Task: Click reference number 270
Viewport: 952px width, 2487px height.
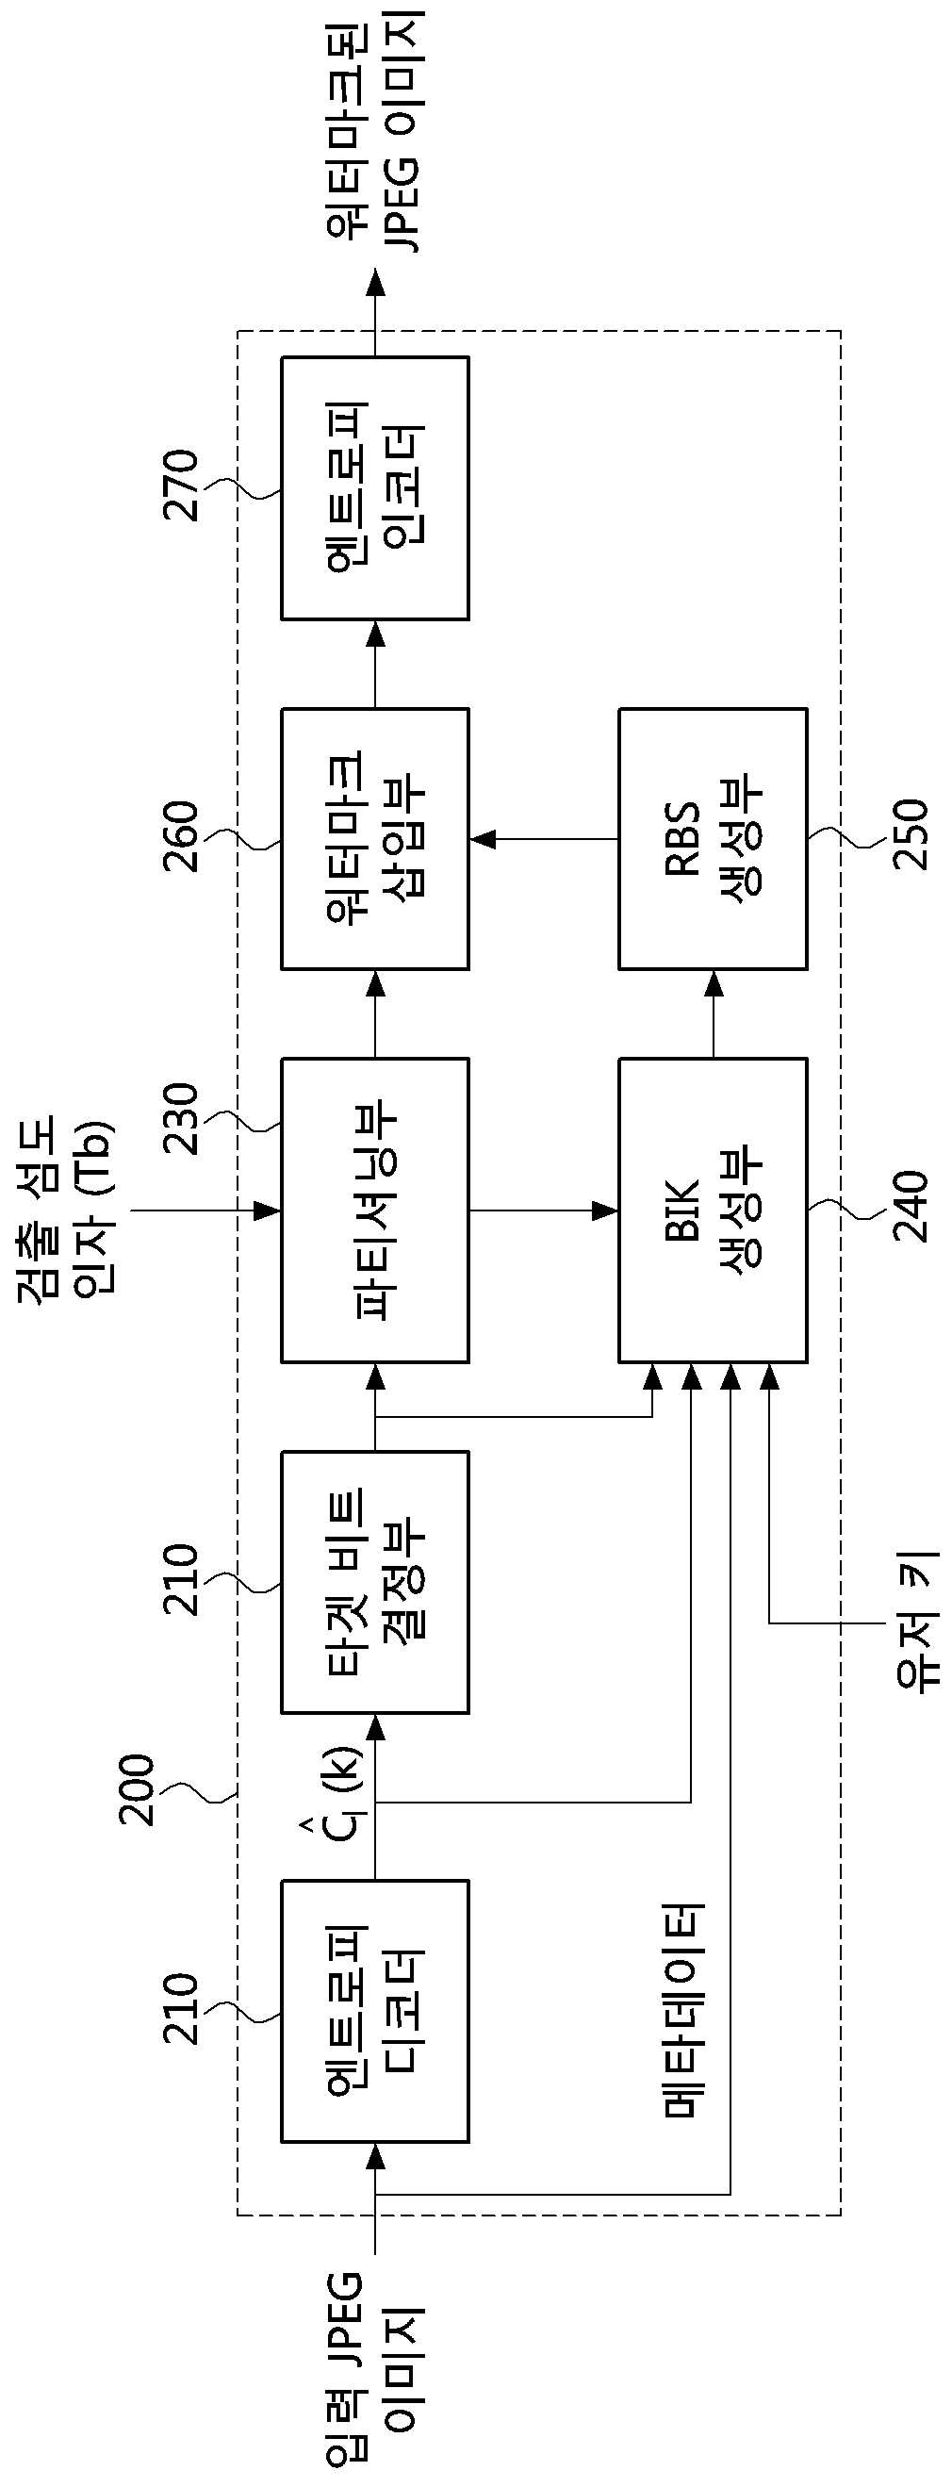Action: [181, 485]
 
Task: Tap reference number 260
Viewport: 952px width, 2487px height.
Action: [181, 836]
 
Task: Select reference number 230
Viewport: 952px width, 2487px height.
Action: [181, 1119]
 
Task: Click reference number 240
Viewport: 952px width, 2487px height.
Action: [910, 1205]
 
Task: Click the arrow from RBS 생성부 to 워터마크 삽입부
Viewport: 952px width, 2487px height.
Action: [545, 839]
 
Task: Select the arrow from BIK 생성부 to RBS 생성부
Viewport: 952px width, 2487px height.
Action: [713, 1013]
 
